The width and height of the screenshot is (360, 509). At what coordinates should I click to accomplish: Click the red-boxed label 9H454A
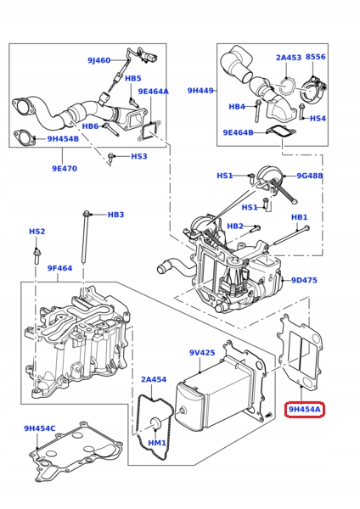305,410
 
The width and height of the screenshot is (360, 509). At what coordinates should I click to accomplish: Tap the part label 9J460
99,60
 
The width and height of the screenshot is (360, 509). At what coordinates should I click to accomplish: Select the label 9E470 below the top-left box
65,169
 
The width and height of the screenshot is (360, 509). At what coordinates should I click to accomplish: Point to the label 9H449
200,90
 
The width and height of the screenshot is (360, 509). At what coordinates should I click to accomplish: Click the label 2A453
289,58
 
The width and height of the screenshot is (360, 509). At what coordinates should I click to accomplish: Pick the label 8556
316,57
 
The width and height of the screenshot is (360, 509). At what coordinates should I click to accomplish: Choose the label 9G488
310,176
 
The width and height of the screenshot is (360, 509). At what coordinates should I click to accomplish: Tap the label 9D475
304,280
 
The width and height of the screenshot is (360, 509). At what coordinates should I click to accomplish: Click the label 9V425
202,352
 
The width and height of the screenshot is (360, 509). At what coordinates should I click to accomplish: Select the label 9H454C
40,428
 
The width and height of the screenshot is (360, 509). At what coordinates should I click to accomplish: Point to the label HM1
157,443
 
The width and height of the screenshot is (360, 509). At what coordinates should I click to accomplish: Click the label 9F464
59,268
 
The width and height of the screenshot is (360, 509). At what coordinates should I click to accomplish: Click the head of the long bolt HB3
86,215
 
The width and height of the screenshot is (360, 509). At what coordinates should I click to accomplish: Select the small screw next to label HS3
110,157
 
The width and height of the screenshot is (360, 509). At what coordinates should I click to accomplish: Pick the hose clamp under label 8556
312,89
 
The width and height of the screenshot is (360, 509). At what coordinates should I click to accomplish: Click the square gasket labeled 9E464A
149,131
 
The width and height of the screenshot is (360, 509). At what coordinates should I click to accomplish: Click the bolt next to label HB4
257,110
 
